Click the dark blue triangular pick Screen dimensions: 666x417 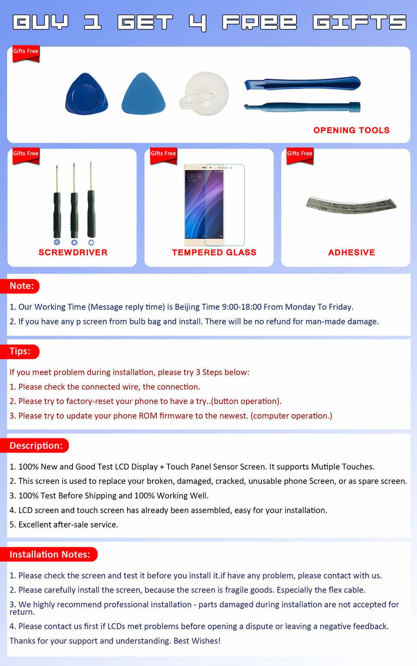point(87,94)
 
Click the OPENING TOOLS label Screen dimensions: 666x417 point(351,130)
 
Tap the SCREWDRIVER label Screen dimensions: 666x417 point(73,252)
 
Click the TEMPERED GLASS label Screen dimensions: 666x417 point(214,252)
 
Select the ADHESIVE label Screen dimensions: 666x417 point(352,252)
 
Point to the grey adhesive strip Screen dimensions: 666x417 point(351,204)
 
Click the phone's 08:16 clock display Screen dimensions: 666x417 point(194,177)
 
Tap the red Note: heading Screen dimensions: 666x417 point(22,286)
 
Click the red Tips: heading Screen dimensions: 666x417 point(20,351)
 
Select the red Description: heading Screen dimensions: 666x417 point(36,445)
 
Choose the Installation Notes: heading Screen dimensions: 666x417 point(50,554)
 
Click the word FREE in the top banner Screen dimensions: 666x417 point(259,22)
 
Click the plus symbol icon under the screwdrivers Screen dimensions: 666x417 point(57,242)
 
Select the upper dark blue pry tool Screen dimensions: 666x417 point(302,83)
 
